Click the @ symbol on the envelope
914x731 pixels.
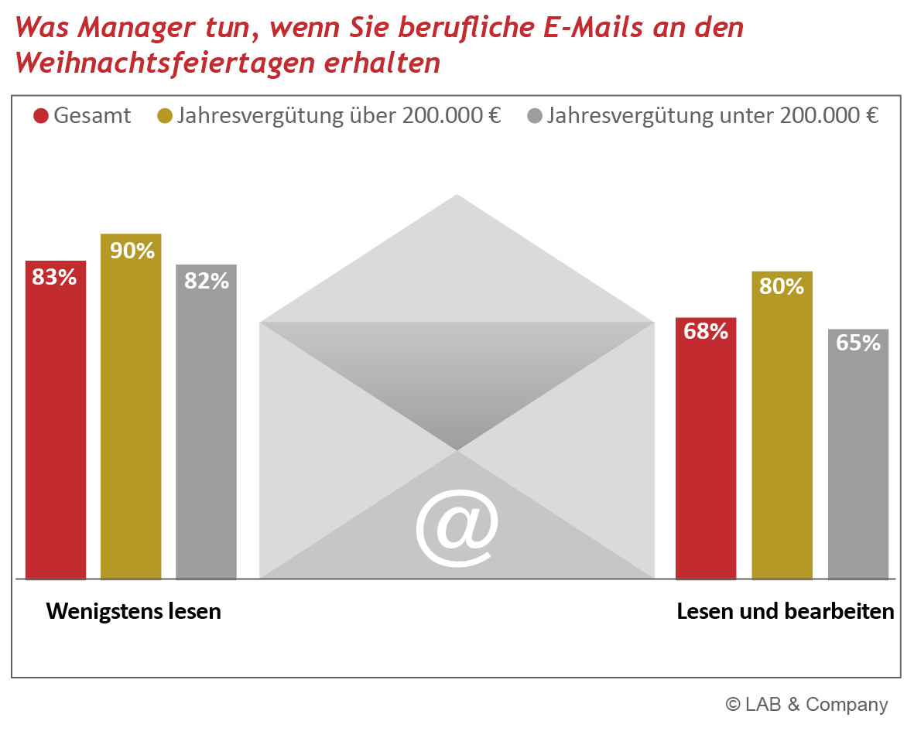click(x=457, y=527)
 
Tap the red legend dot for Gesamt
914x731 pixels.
click(x=41, y=117)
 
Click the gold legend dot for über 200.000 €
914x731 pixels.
click(x=165, y=117)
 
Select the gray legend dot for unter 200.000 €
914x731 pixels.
click(x=534, y=117)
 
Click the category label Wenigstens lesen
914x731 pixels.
click(x=134, y=612)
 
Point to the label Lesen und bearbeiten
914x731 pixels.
click(x=786, y=612)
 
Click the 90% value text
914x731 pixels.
click(x=132, y=251)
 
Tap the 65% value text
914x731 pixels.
click(x=858, y=343)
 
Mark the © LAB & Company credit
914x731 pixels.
click(x=806, y=704)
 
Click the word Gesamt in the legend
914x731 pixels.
click(x=92, y=117)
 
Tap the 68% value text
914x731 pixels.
click(x=706, y=331)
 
